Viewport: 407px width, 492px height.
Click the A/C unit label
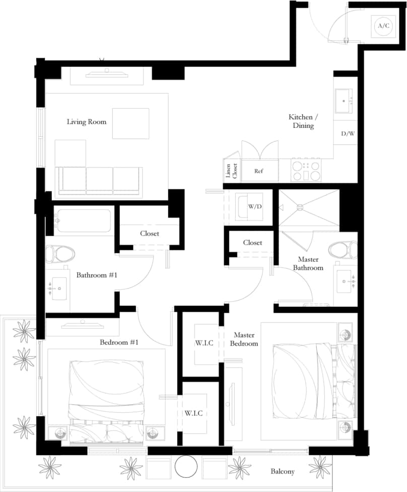383,26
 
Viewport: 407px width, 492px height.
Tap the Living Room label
87,121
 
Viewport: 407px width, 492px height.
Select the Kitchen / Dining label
303,121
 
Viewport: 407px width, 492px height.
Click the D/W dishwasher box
347,133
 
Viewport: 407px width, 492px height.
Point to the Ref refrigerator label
258,171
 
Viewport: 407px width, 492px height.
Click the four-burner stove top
306,170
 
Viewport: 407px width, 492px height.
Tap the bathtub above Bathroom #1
83,221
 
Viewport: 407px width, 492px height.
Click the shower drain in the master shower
300,206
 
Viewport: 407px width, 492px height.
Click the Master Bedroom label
244,339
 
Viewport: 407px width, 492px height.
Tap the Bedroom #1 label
119,342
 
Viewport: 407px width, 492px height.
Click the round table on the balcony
186,466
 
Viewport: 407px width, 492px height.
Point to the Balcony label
283,471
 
